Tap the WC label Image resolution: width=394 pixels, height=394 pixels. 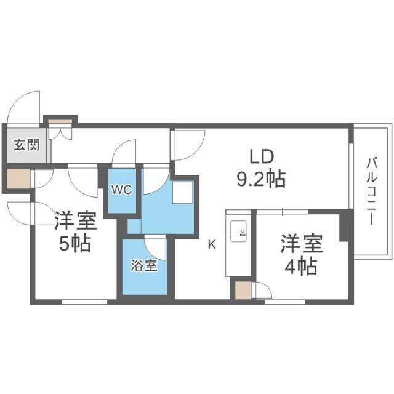pos(121,190)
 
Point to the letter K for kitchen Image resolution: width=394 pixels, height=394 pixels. pos(211,244)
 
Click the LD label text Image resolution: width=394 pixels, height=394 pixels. pos(261,155)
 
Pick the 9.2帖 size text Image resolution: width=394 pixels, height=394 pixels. pos(261,179)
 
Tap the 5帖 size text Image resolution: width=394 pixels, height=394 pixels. pos(74,244)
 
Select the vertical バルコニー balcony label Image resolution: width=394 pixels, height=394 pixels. pos(371,191)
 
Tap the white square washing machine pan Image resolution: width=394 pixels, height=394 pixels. pos(183,193)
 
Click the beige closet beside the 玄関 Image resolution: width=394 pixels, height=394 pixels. pos(18,179)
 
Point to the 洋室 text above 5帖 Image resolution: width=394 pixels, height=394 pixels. pos(74,220)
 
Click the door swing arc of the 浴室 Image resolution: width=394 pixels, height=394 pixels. pos(156,247)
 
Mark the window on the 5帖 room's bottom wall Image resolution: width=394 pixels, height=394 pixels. pos(84,302)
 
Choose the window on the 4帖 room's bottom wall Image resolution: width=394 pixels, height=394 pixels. pos(285,302)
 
